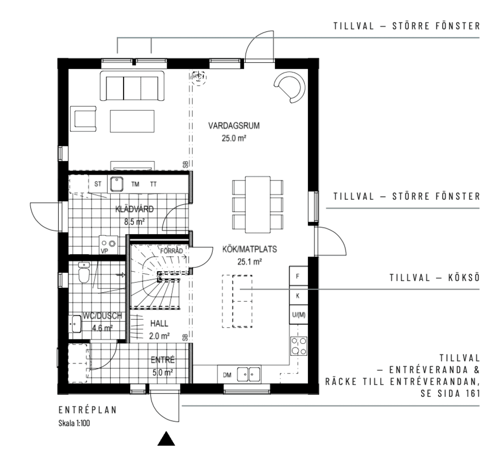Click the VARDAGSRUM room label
tap(234, 125)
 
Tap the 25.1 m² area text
tap(250, 262)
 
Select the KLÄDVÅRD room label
tap(134, 209)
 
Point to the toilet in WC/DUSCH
tap(84, 273)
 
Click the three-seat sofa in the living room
tap(132, 86)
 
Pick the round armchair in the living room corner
tap(290, 87)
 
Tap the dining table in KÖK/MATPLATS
tap(258, 204)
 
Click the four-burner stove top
tap(299, 346)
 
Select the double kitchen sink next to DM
tap(249, 374)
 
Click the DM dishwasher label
tap(227, 375)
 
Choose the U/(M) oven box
tap(299, 315)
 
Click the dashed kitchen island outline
tap(237, 301)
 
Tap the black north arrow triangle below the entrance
tap(166, 438)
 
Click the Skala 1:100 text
tap(75, 423)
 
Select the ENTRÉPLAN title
tap(88, 410)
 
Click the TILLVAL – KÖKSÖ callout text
tap(435, 278)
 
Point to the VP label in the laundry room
tap(104, 251)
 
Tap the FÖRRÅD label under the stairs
tap(172, 251)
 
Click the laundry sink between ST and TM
tap(117, 184)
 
